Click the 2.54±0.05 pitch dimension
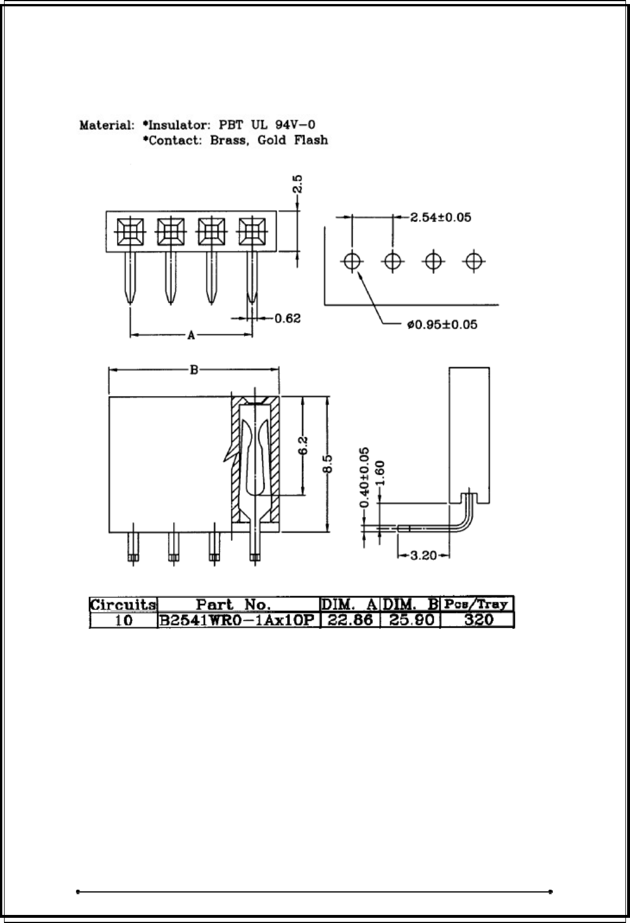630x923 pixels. point(441,218)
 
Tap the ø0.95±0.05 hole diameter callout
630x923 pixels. point(442,325)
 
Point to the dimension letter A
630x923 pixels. point(192,335)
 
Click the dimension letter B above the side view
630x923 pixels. point(194,370)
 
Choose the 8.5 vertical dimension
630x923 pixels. point(327,464)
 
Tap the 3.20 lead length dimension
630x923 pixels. point(423,556)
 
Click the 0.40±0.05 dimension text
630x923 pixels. point(364,478)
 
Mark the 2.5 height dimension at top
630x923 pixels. point(297,185)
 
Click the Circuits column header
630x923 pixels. point(123,605)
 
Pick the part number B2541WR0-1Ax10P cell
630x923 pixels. point(239,621)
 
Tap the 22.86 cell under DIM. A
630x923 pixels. point(350,621)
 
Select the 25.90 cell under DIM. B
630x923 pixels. point(410,621)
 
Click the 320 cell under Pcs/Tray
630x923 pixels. point(477,621)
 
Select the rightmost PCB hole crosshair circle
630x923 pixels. point(474,261)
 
